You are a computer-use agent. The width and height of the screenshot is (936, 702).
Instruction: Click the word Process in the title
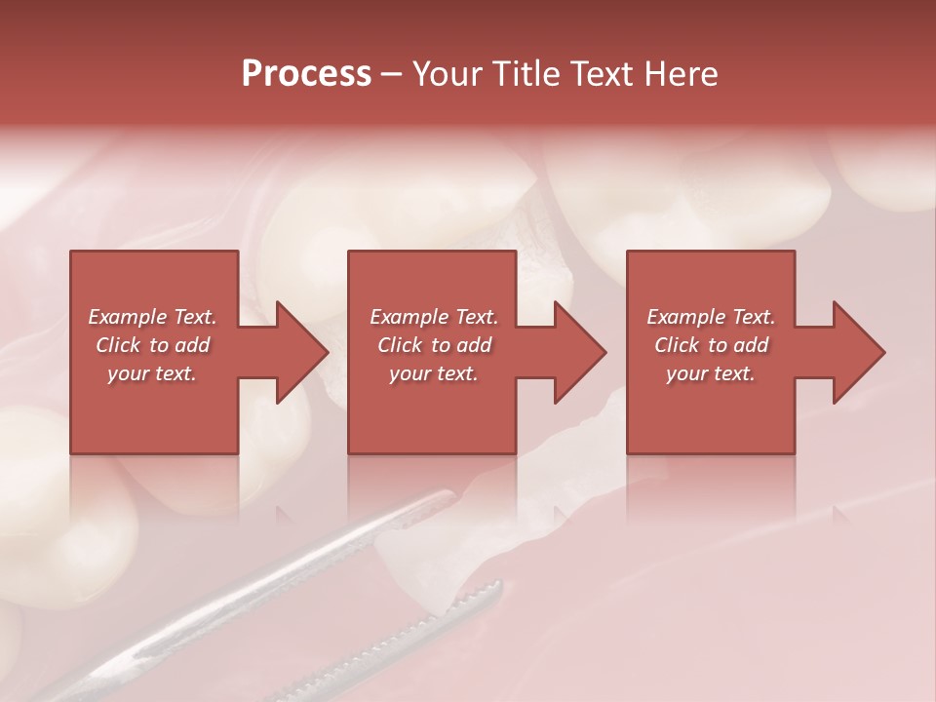tap(306, 74)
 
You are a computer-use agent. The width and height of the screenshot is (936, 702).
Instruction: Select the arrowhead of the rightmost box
tap(857, 352)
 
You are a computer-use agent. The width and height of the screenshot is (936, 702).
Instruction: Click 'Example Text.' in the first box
tap(152, 317)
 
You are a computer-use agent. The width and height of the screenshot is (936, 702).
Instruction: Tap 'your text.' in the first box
tap(152, 373)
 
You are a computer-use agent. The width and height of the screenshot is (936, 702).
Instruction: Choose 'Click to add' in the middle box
tap(434, 345)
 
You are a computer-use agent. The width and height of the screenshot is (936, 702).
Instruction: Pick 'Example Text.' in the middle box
tap(434, 317)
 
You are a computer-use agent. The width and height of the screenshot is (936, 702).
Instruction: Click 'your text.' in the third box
tap(711, 373)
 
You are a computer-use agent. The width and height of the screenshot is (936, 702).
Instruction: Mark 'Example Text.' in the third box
tap(711, 317)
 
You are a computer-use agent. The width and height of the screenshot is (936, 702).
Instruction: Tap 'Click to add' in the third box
tap(711, 345)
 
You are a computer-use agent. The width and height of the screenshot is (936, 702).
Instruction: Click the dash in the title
tap(391, 74)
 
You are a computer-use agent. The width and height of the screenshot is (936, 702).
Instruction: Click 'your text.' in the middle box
tap(434, 373)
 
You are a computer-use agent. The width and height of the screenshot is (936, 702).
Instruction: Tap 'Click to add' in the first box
tap(152, 345)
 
